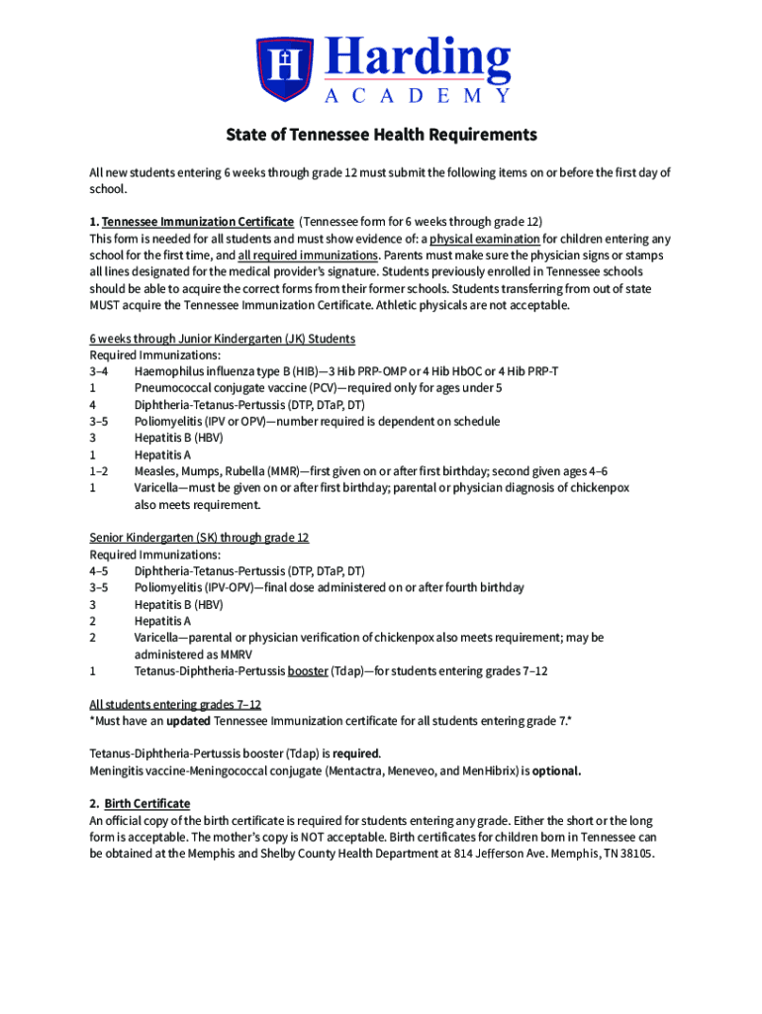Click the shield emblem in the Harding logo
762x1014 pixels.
click(x=285, y=67)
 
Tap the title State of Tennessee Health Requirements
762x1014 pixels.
click(x=381, y=135)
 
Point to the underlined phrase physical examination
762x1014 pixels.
click(x=484, y=239)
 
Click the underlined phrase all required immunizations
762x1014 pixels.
click(x=308, y=254)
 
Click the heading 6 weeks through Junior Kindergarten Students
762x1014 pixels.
click(x=222, y=339)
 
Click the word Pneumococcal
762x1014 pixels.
click(x=174, y=388)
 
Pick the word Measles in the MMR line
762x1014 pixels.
click(x=156, y=471)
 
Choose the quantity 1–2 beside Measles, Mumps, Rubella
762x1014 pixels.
click(x=99, y=471)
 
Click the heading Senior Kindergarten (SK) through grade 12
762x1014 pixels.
click(x=199, y=538)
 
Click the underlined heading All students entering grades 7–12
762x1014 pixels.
click(x=175, y=705)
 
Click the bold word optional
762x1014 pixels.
click(x=556, y=770)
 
